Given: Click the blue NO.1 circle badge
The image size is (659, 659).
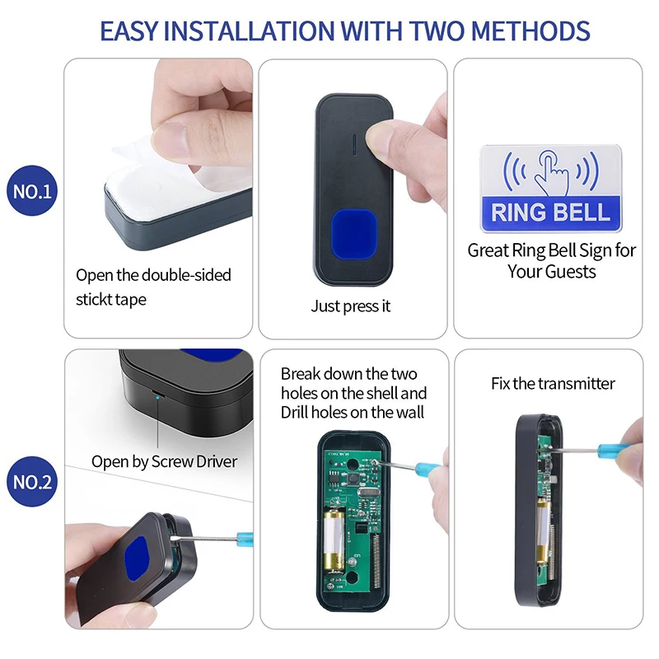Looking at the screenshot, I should point(33,193).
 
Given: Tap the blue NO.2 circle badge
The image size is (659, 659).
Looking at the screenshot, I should point(33,482).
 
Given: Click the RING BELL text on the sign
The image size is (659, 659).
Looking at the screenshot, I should point(550,213).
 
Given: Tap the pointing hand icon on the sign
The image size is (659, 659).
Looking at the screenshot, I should point(551,170).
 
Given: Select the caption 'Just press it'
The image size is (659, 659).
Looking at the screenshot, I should point(351,306).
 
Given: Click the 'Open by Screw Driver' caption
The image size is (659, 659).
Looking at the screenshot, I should point(164,461).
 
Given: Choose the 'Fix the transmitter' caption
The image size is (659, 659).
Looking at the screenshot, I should point(553,383).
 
